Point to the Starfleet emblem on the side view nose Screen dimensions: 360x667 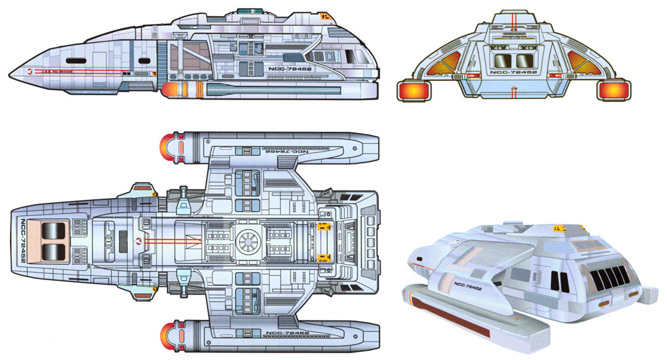coord(30,72)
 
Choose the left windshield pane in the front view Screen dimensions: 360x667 coord(502,61)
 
